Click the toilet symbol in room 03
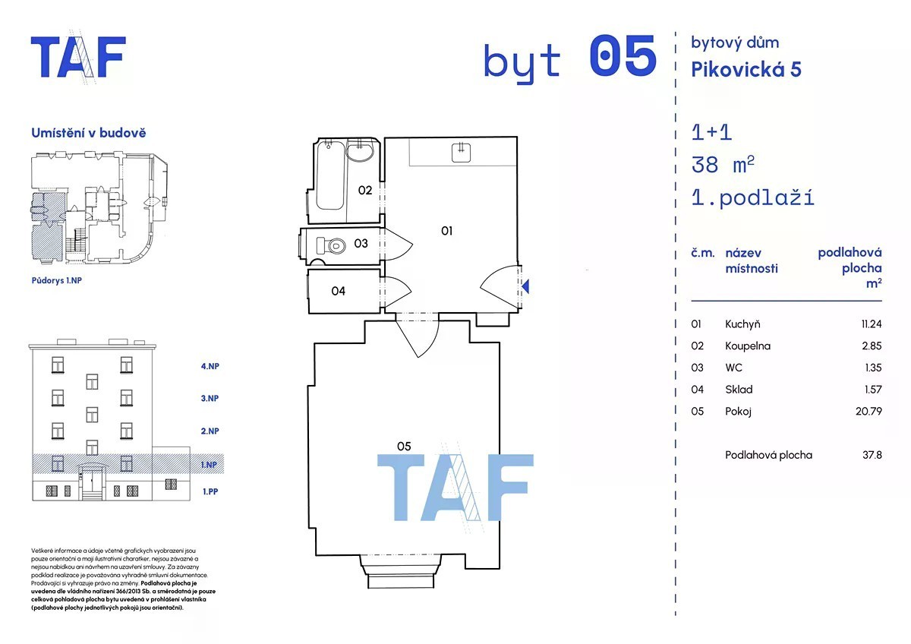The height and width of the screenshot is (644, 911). (331, 246)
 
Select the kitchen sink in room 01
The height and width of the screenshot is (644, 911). (462, 153)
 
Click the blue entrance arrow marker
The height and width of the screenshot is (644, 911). (525, 286)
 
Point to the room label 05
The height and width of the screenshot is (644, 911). (404, 447)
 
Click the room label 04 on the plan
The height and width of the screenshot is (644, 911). (338, 291)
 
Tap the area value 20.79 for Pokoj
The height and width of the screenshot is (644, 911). (868, 412)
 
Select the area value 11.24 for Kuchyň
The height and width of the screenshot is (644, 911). (872, 324)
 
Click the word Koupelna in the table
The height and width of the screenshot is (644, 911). (748, 346)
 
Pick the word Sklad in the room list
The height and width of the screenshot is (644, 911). (739, 390)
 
